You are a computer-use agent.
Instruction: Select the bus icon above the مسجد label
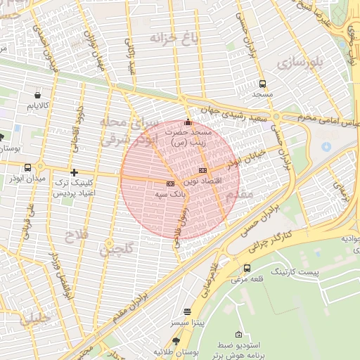[x=262, y=84]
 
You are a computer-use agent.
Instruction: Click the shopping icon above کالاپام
[x=37, y=94]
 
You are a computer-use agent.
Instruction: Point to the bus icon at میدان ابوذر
[x=27, y=167]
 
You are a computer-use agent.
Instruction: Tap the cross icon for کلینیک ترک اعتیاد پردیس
[x=74, y=172]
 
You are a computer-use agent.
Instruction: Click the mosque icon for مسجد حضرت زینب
[x=188, y=122]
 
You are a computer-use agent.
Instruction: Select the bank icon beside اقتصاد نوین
[x=203, y=170]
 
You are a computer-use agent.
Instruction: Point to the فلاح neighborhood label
[x=77, y=234]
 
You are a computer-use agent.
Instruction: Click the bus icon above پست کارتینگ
[x=247, y=268]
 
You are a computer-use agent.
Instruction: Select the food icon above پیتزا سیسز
[x=187, y=311]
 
